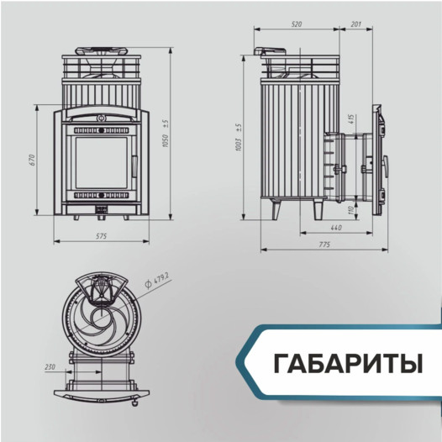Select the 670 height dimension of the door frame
coord(30,159)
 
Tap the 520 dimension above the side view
coord(296,24)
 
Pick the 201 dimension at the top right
coord(355,24)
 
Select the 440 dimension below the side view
coord(334,228)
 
